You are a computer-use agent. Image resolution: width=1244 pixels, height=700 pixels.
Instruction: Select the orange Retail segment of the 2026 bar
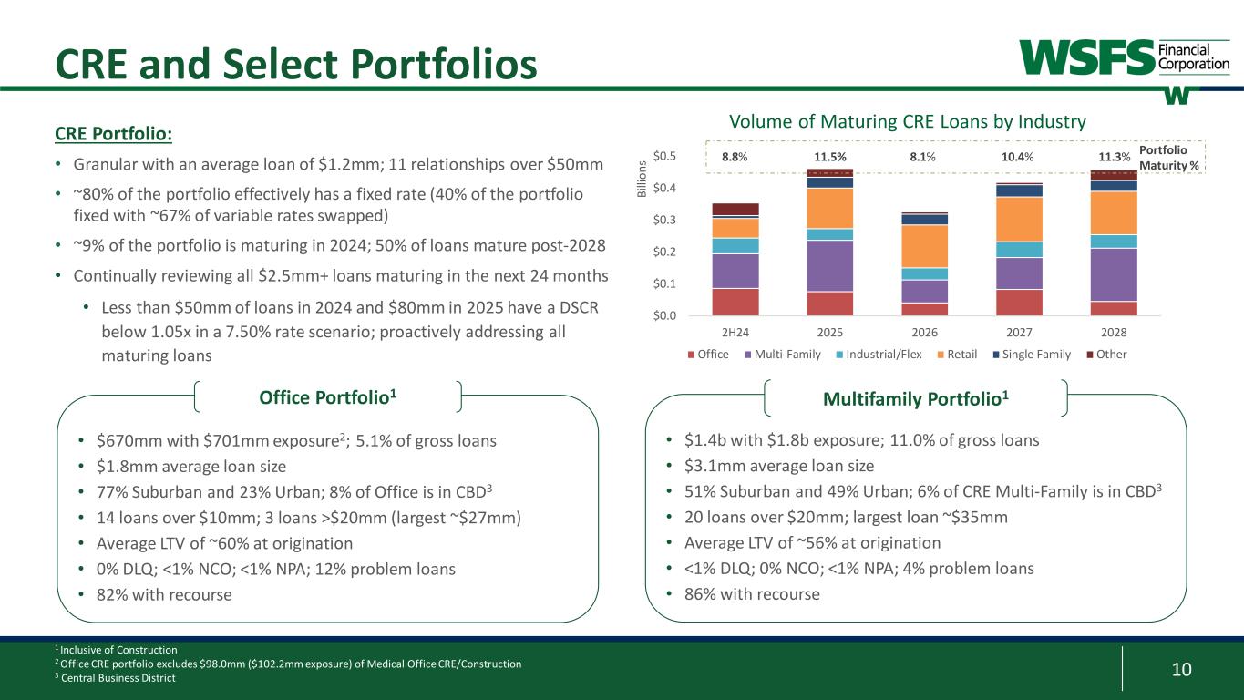coord(924,245)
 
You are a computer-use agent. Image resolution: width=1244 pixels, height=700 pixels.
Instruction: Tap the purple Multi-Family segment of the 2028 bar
coord(1114,274)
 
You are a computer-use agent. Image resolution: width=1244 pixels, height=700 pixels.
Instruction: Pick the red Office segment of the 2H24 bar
coord(735,302)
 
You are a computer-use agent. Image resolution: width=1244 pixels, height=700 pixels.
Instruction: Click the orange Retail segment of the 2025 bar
coord(829,208)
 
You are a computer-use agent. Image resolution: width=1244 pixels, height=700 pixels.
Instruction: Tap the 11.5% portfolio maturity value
coord(829,157)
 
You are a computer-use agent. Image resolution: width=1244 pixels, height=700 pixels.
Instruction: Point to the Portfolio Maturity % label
coord(1169,157)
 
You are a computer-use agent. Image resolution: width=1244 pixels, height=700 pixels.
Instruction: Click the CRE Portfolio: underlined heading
coord(113,134)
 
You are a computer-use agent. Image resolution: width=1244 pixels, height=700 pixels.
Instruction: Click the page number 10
coord(1181,671)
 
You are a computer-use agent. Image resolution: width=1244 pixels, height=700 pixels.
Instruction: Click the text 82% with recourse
coord(164,594)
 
